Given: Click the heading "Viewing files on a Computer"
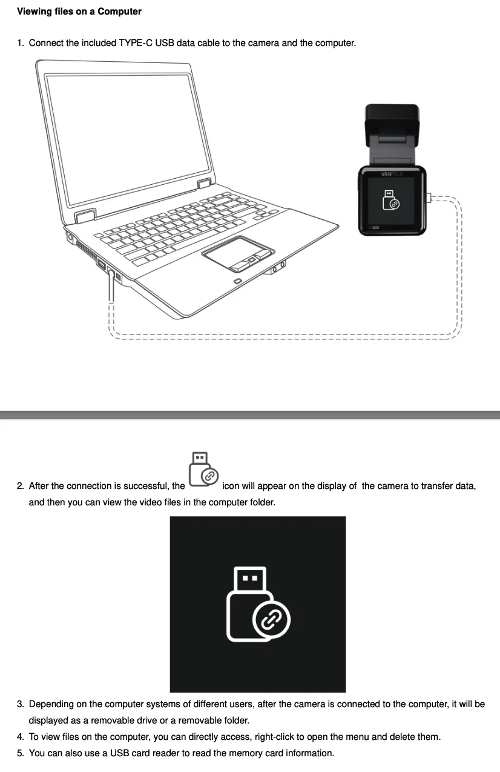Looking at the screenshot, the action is tap(79, 12).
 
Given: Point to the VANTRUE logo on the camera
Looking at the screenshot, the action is tap(392, 174).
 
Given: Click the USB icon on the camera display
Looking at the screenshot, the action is tap(391, 200).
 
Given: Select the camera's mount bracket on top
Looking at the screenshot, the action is tap(392, 134).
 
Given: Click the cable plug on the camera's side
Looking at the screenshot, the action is tap(429, 198).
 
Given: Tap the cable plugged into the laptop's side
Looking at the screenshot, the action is tap(111, 285).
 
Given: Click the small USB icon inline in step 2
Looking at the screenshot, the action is tap(203, 469).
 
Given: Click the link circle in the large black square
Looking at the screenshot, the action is tap(271, 620).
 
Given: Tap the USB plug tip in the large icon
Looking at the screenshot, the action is tap(250, 579).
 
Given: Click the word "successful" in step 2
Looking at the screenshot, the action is tap(146, 486).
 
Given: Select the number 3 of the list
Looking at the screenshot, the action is tap(21, 704).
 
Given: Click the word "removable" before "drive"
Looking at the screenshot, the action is tap(113, 720).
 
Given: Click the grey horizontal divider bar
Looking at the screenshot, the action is tap(250, 415).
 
